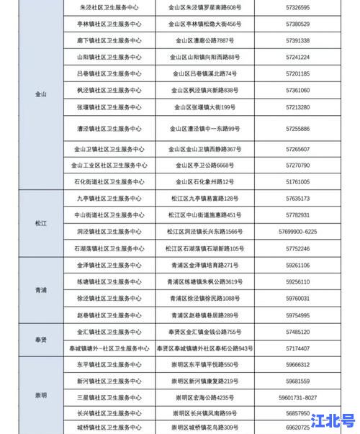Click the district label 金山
pos(40,95)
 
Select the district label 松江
pos(40,223)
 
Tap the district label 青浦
pos(40,290)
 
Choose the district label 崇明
pos(40,396)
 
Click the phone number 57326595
pos(297,7)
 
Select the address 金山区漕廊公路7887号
pos(205,40)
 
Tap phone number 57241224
pos(297,57)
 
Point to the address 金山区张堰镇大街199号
pos(205,107)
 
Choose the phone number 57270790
pos(297,165)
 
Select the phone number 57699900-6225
pos(297,231)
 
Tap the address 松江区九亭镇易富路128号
pos(205,198)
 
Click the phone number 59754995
pos(297,315)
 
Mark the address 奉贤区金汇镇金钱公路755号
pos(205,332)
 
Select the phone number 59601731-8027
pos(297,397)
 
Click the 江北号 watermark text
pos(333,420)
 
